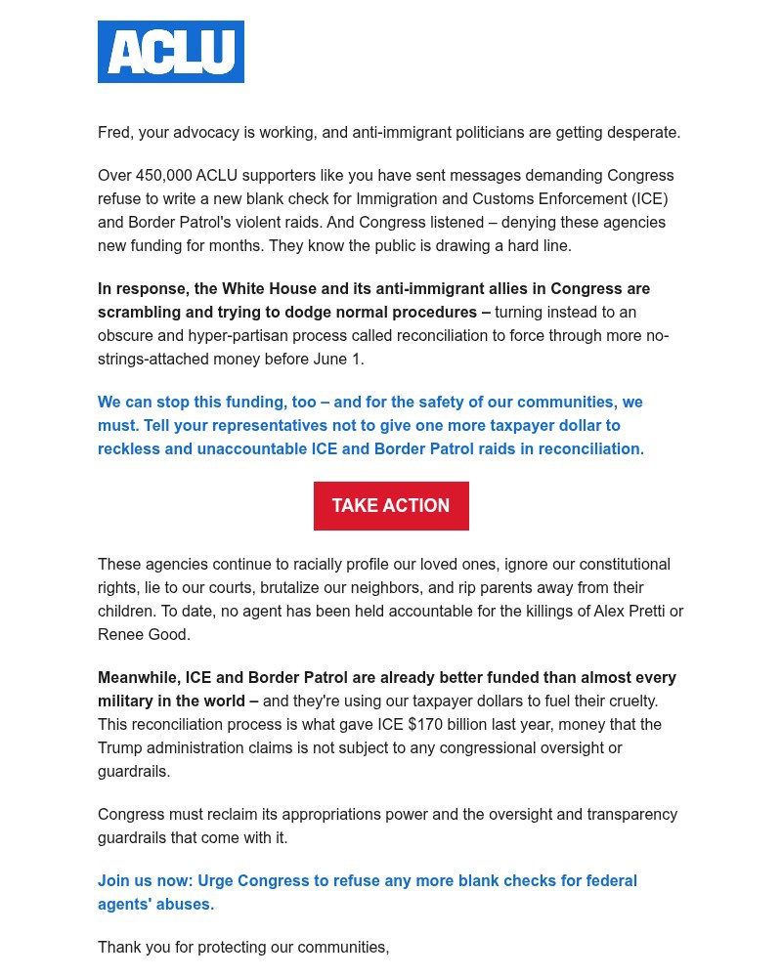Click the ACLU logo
point(171,52)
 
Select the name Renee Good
point(144,635)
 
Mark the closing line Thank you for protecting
point(243,948)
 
